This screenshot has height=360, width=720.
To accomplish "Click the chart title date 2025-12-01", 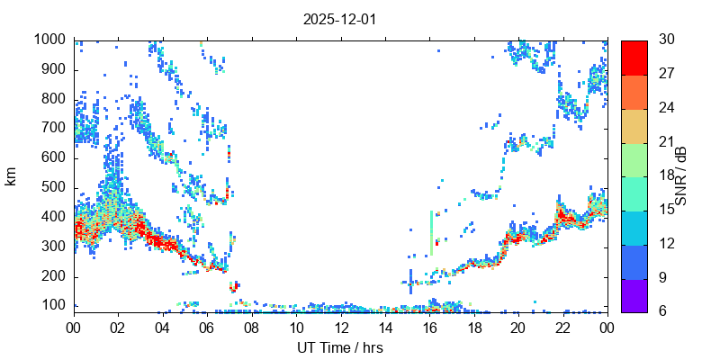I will pos(339,19).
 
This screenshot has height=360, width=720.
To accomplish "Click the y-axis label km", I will pos(12,176).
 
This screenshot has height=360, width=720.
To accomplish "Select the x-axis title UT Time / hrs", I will pos(339,347).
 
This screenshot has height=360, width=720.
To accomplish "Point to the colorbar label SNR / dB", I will pos(681,176).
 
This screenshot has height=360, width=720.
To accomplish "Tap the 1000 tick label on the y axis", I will pos(49,40).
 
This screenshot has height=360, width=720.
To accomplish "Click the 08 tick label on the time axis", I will pos(251,328).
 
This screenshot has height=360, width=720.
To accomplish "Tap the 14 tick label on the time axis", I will pos(384,328).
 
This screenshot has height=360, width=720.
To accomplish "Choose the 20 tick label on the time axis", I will pos(518,328).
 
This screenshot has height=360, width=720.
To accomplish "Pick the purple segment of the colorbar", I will pos(634,296).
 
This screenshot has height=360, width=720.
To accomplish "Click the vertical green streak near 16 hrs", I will pos(432,231).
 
